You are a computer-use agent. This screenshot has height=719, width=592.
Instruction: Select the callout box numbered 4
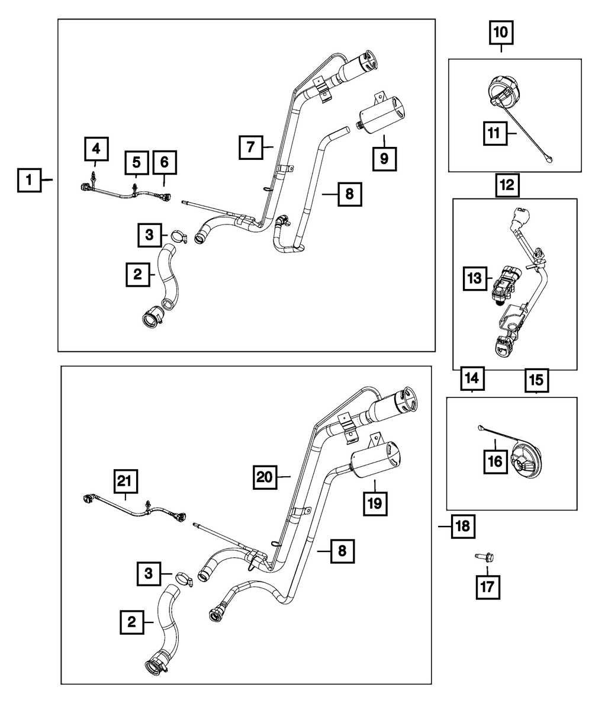96,147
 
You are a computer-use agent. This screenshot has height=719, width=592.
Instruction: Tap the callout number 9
384,158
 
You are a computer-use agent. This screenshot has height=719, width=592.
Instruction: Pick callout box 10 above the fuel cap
501,33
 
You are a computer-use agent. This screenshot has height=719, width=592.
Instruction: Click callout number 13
475,277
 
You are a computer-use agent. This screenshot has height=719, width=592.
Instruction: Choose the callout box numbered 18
463,525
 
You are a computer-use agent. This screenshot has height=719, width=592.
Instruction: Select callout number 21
125,483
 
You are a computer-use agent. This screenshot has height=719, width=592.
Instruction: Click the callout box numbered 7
251,146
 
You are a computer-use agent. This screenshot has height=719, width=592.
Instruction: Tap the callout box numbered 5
136,162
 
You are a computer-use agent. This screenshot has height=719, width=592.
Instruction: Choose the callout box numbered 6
164,162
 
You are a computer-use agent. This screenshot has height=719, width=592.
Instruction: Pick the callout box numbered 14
472,377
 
